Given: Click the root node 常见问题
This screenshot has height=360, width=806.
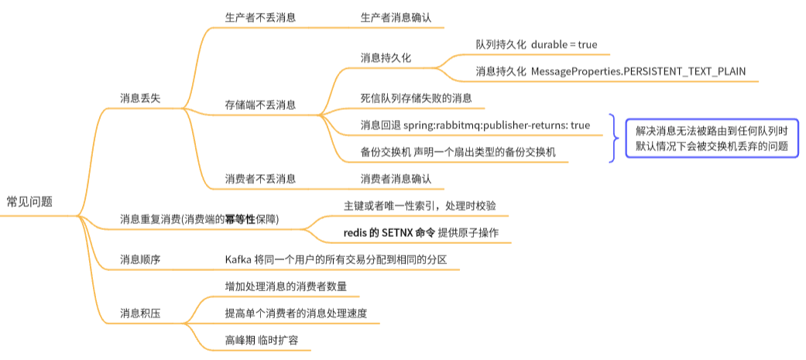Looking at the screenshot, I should (29, 201).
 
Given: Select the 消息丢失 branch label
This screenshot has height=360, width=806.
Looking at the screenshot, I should (140, 98).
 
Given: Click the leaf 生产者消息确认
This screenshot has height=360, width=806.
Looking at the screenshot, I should (396, 17).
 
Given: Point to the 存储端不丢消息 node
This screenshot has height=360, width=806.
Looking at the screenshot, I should (260, 105).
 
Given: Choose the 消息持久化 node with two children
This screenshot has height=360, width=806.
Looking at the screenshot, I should (386, 58).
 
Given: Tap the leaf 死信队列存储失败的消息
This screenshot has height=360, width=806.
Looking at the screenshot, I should (417, 98).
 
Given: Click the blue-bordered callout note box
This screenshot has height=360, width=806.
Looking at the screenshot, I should (712, 139).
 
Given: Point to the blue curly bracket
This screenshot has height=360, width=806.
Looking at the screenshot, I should (613, 138).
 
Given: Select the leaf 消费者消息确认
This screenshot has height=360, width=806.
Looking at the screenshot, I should (396, 179).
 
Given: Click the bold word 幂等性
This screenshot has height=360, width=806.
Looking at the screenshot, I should (240, 219).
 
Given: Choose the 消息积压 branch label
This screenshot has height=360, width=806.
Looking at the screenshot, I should (140, 314).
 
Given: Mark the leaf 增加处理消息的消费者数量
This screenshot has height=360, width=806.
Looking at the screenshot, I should (286, 286).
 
